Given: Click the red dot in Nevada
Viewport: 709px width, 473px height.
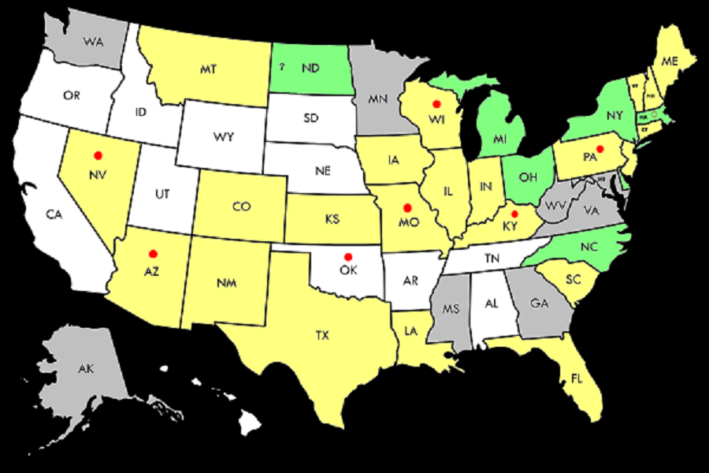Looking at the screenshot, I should point(98,155).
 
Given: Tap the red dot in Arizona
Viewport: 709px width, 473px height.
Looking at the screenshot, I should point(153,253).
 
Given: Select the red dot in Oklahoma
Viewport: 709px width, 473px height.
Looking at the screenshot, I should point(347,256).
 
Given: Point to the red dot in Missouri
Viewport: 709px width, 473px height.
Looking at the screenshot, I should point(407,207).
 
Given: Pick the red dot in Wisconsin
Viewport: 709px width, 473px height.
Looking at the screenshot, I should point(436,104).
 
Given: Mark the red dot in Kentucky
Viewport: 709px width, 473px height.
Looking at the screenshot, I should point(514,214).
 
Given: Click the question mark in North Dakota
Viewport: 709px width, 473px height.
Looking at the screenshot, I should point(281,66).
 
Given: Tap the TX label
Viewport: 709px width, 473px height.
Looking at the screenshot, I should point(322,336).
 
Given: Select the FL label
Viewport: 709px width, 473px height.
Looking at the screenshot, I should point(577,378).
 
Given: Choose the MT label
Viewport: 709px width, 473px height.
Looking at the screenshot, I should point(208,69).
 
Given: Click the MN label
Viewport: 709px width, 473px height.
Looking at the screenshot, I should point(375,100).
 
